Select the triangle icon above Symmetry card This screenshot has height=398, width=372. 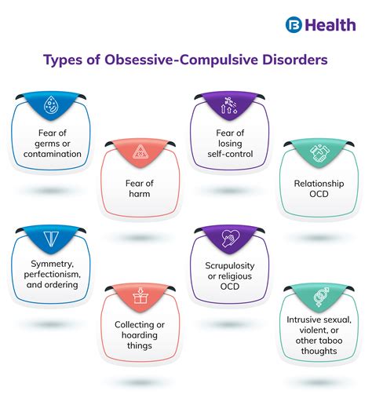click(49, 239)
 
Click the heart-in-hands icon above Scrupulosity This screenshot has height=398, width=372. click(226, 239)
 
